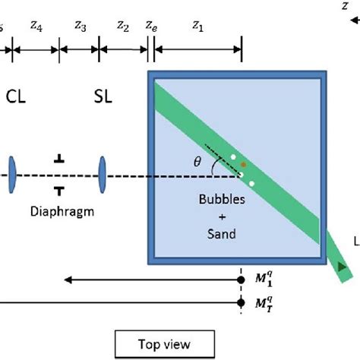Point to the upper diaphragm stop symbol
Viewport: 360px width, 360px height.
tap(59, 159)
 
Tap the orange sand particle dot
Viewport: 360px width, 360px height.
tap(244, 163)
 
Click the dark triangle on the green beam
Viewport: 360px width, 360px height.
tap(343, 266)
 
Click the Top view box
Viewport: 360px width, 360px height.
tap(163, 344)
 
